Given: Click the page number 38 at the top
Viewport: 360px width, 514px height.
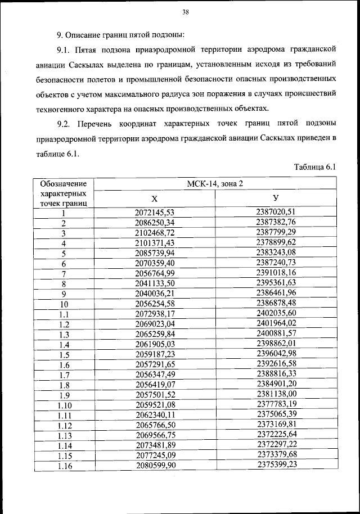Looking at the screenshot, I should (185, 12).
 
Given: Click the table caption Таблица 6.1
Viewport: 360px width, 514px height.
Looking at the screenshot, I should (314, 167).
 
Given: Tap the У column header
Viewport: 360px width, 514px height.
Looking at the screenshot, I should (276, 199).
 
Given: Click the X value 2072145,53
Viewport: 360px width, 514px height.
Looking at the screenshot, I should (155, 213).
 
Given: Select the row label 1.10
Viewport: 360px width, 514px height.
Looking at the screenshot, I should (64, 405).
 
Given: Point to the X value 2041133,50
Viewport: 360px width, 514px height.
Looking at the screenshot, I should (155, 283).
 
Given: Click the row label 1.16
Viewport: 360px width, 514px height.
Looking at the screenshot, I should (64, 466).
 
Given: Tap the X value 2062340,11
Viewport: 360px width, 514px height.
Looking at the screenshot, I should (155, 415).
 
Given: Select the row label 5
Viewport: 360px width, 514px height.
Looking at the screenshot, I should (64, 253).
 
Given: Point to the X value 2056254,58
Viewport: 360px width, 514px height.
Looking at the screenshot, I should (155, 304).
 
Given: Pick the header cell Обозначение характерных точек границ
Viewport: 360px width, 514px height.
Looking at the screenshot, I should (64, 193).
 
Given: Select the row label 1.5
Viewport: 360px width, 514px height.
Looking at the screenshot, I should (64, 354).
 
